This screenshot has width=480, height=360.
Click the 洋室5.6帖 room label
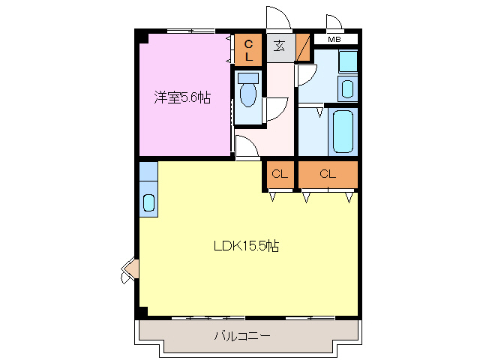182,97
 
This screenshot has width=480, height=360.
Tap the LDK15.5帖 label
247,246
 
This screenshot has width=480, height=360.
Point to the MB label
333,39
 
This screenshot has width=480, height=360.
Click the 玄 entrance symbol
279,46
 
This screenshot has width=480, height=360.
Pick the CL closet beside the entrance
248,49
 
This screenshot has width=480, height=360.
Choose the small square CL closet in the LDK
280,175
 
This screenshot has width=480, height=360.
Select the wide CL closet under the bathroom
328,175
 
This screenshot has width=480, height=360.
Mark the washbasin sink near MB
347,87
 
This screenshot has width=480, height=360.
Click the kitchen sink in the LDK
148,202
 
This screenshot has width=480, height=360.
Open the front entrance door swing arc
277,18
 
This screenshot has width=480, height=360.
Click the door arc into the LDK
248,146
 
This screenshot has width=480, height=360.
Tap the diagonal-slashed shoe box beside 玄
304,47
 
